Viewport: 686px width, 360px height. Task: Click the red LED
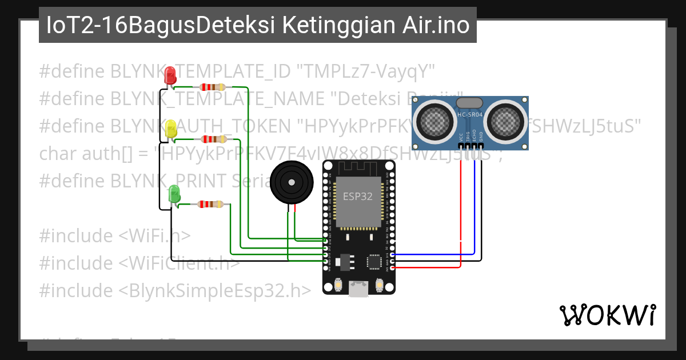(170, 76)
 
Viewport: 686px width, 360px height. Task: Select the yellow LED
(170, 129)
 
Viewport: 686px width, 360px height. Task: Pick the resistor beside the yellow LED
(212, 139)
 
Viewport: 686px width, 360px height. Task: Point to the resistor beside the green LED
(210, 204)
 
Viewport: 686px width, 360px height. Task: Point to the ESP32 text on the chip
(357, 197)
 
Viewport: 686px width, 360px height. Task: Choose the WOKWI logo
(608, 315)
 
